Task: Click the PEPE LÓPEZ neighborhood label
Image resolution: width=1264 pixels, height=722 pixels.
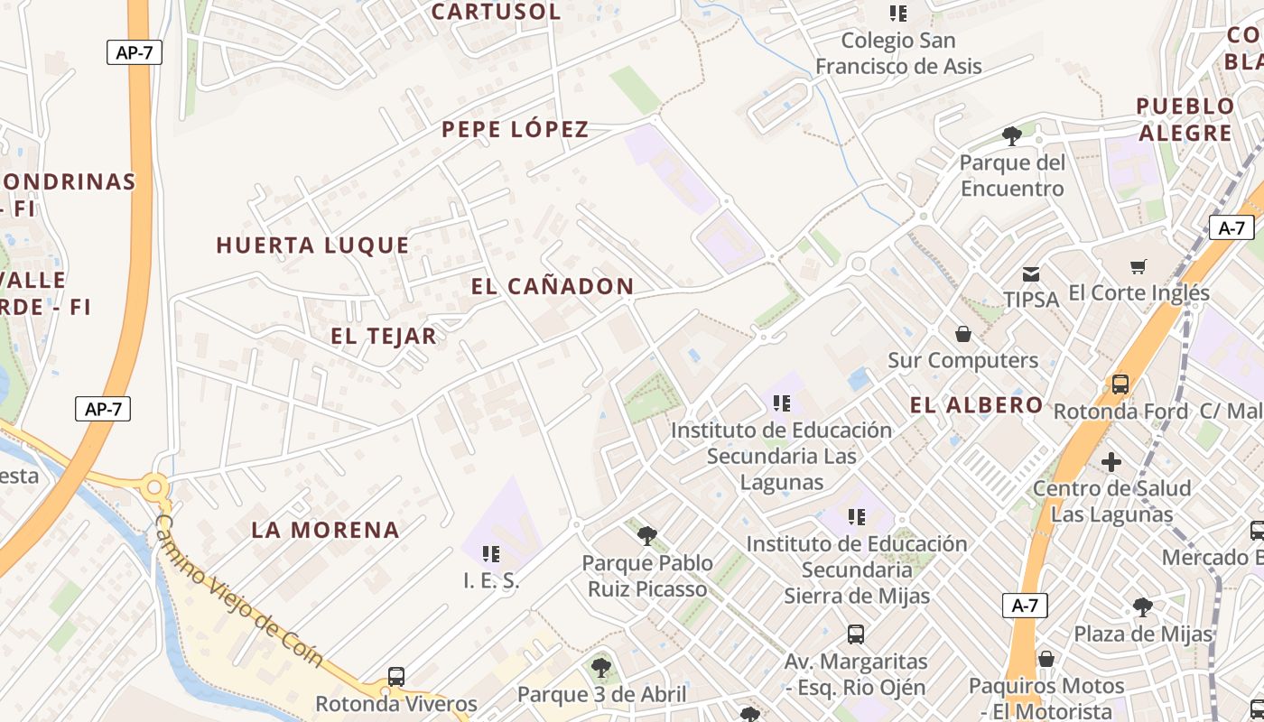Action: [515, 130]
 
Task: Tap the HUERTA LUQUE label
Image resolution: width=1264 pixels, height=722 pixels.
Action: [312, 245]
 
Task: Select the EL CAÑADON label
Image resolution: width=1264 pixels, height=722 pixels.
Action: [552, 287]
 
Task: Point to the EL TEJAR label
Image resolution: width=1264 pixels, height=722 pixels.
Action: [384, 337]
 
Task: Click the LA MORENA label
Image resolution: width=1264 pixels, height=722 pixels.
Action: [325, 530]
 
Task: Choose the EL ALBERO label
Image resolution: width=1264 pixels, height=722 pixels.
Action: [976, 405]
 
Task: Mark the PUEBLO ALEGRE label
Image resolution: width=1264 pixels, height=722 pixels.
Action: [1185, 119]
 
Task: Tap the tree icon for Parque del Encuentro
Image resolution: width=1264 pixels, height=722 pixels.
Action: [1012, 136]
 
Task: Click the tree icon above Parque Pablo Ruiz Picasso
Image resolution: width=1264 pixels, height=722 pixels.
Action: [646, 536]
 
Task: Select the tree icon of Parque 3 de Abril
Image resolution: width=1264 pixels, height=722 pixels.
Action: [600, 668]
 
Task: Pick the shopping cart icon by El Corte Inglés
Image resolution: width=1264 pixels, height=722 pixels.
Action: [1139, 266]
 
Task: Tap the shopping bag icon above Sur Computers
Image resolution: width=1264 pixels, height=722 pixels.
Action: [963, 334]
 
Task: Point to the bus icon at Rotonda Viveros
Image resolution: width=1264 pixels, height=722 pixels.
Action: [396, 676]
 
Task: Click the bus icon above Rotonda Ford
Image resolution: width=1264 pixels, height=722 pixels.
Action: [1120, 384]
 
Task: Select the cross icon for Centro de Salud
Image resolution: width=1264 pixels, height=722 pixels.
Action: [1111, 462]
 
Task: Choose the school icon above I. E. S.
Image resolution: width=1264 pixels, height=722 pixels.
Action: [491, 553]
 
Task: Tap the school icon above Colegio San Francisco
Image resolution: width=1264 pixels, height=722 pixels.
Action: [898, 14]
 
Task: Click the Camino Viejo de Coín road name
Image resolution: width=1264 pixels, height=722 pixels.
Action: [239, 590]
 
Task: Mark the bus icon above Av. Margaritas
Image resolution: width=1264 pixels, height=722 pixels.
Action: [856, 634]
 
